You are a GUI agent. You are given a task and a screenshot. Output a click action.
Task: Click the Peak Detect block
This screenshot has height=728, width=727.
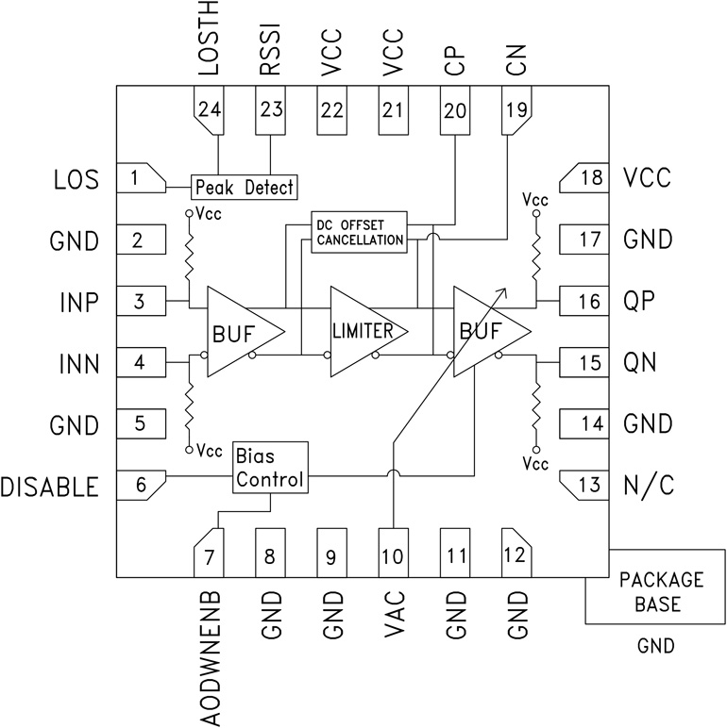(x=244, y=187)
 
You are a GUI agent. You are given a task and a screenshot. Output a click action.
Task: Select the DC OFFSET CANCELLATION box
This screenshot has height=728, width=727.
(x=360, y=230)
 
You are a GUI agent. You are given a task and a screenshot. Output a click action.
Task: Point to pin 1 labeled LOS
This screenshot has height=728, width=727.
(x=139, y=176)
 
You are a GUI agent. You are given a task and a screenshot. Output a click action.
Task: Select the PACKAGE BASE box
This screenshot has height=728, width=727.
(x=660, y=591)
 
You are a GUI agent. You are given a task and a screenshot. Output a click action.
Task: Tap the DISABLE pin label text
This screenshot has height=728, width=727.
(x=49, y=487)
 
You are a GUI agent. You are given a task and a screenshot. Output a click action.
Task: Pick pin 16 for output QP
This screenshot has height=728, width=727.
(x=585, y=301)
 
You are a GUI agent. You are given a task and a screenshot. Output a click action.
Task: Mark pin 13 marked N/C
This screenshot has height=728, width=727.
(x=585, y=485)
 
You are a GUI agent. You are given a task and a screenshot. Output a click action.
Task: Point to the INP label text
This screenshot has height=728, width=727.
(x=78, y=302)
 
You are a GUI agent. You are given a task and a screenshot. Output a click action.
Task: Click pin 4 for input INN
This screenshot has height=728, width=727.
(x=139, y=362)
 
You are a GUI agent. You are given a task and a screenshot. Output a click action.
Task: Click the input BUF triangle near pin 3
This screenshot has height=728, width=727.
(x=241, y=330)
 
